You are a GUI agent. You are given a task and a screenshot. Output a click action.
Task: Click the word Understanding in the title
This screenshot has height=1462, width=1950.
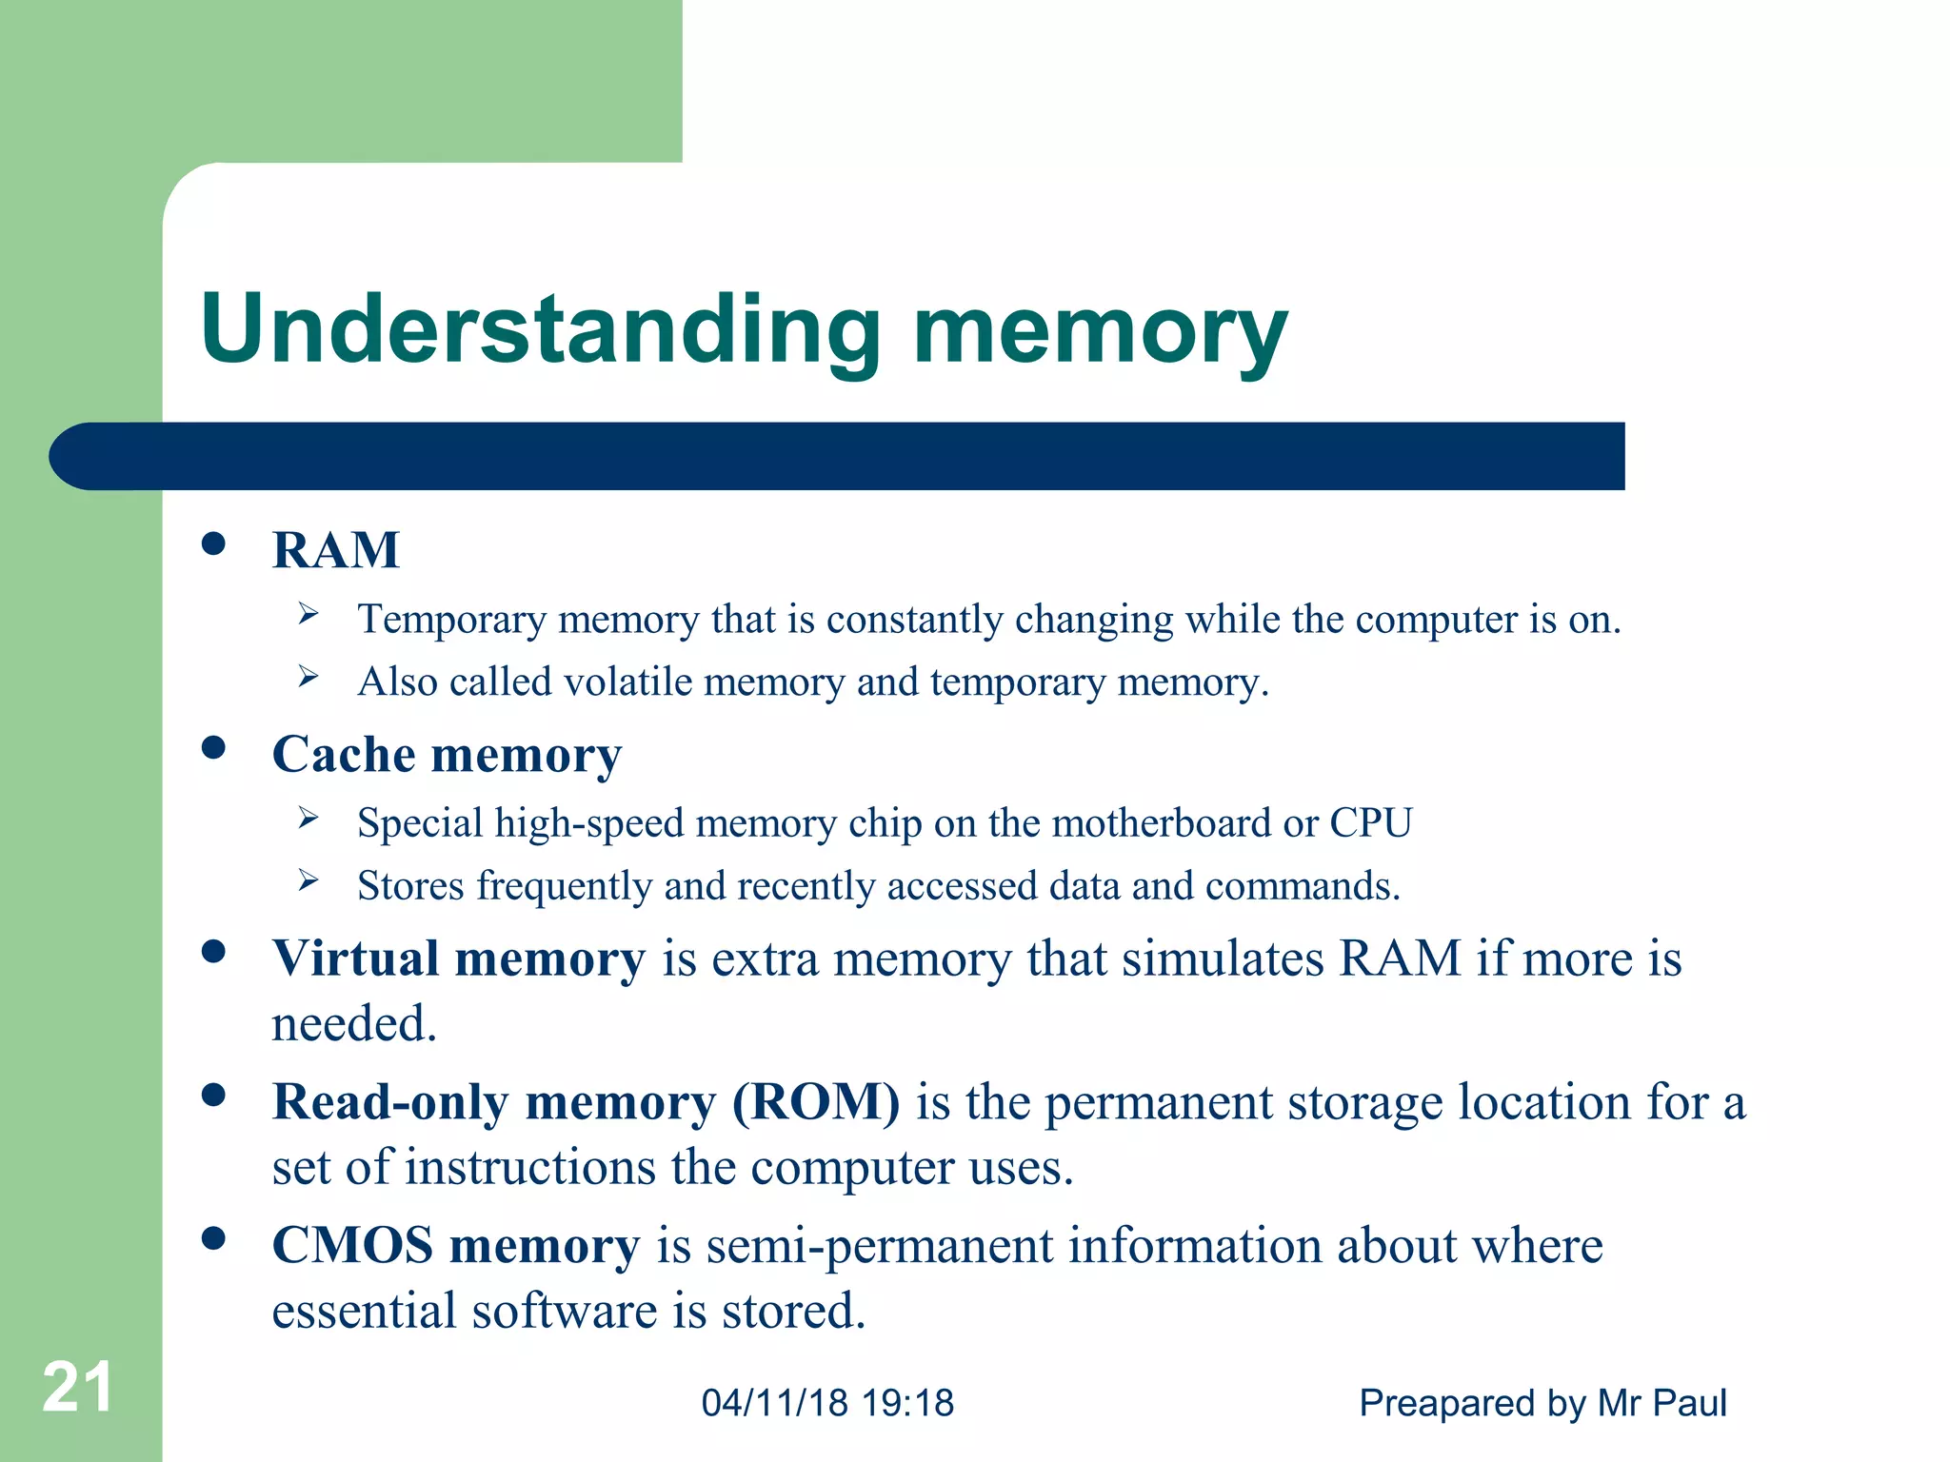click(541, 329)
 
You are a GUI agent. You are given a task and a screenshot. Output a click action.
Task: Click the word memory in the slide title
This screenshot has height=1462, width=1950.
click(1100, 333)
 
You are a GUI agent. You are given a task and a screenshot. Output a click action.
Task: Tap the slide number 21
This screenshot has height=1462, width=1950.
click(78, 1387)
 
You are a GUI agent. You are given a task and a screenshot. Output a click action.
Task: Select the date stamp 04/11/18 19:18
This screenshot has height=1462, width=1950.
click(827, 1403)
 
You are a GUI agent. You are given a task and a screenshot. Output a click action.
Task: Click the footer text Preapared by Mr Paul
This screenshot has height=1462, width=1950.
click(1542, 1403)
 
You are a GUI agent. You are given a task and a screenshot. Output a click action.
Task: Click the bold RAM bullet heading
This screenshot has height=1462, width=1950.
click(336, 550)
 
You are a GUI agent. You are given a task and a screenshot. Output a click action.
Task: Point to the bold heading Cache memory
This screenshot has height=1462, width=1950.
click(447, 755)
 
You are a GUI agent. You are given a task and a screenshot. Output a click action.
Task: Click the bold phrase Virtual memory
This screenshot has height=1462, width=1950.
click(458, 958)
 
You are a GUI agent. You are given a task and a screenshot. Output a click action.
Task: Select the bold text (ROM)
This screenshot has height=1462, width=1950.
click(816, 1102)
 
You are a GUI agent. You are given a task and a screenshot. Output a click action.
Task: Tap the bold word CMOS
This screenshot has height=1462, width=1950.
click(352, 1246)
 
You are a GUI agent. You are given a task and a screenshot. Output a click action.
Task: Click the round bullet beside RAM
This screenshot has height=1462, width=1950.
click(214, 544)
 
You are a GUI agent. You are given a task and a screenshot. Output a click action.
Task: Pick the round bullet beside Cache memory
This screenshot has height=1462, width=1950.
click(214, 748)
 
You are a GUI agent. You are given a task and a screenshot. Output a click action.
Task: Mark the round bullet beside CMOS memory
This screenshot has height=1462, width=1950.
click(214, 1238)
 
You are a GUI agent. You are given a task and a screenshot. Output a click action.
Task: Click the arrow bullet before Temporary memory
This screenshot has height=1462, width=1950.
click(308, 614)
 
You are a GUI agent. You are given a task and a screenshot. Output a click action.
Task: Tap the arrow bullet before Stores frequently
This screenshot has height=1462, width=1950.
click(308, 880)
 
